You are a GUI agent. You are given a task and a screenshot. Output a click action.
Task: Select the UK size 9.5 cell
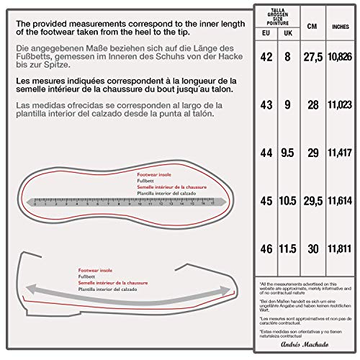point(287,153)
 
